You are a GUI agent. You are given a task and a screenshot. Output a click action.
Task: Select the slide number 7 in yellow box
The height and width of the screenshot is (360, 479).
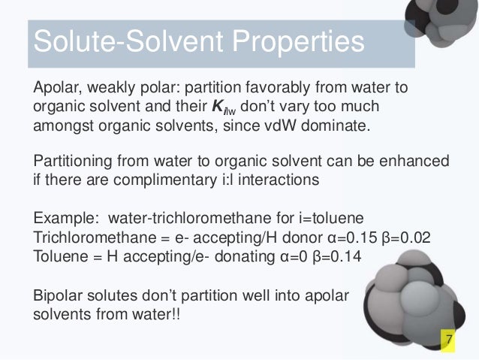pyautogui.click(x=449, y=342)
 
